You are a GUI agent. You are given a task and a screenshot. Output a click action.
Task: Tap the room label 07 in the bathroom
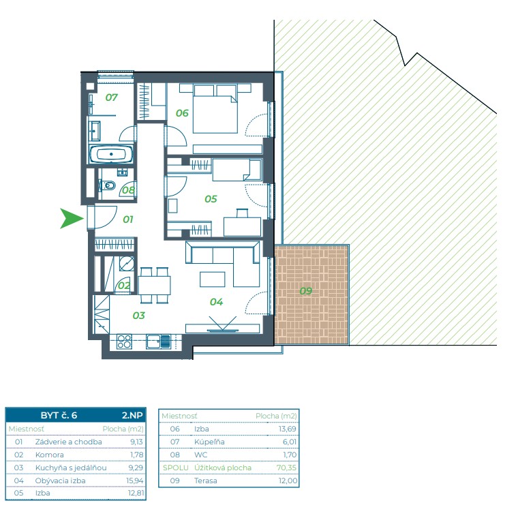(111, 97)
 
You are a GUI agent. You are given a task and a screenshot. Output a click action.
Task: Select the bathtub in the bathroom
(111, 154)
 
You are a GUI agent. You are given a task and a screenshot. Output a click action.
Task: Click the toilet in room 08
(108, 185)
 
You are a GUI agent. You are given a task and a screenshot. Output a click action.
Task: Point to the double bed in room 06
(215, 109)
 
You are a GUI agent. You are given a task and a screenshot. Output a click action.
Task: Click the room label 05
(211, 199)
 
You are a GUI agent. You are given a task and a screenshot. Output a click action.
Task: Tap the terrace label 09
(305, 291)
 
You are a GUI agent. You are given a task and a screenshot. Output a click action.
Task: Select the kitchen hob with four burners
(124, 341)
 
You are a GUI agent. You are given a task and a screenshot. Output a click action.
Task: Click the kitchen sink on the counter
(158, 341)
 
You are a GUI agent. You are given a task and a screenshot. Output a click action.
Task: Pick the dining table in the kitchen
(154, 285)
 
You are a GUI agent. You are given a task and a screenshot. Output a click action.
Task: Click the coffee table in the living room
(213, 279)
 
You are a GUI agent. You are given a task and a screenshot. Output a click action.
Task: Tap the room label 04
(216, 302)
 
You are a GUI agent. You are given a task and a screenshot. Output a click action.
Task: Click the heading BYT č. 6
(59, 415)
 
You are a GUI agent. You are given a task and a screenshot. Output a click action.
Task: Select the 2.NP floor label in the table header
(132, 415)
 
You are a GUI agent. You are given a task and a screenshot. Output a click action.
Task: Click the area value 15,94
(135, 481)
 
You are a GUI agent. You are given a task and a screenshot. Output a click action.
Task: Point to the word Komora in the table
(50, 455)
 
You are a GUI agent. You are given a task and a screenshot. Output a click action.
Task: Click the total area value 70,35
(286, 468)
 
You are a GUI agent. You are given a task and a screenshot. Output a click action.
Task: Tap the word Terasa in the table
(205, 481)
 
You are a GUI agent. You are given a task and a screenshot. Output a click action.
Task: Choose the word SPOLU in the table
(175, 468)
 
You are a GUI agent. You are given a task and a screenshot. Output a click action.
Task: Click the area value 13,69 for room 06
(288, 429)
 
